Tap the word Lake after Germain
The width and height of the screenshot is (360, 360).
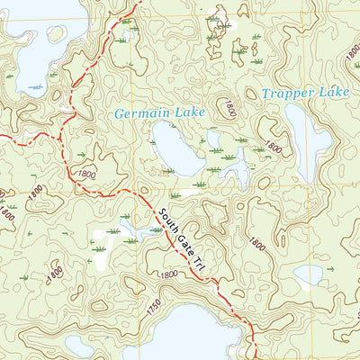191,112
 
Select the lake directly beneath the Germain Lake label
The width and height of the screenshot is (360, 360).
176,148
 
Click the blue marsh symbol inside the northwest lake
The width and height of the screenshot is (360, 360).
35,87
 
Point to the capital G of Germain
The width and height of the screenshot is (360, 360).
121,113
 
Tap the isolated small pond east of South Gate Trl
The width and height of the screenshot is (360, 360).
309,274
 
